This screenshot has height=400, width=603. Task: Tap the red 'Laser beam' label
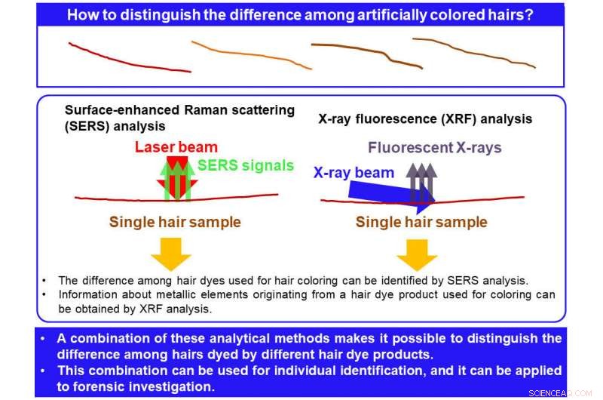(x=176, y=147)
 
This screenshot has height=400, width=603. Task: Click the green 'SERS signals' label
(x=246, y=166)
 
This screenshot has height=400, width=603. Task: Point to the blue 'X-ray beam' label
(x=354, y=173)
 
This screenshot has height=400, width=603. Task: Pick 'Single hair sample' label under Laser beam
(x=175, y=222)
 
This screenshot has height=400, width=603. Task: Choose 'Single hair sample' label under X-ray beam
(x=421, y=222)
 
